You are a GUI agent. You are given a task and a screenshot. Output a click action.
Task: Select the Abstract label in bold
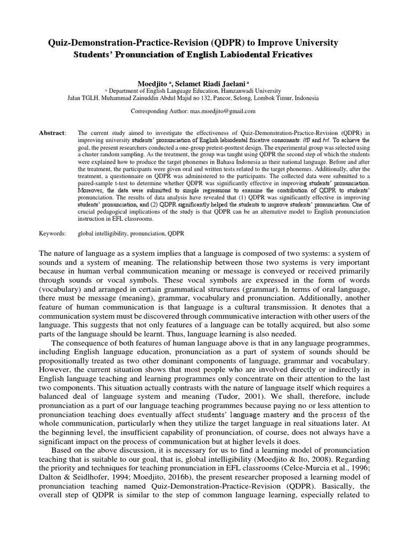tap(52, 133)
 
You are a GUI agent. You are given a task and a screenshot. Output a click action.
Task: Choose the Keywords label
tap(52, 233)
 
